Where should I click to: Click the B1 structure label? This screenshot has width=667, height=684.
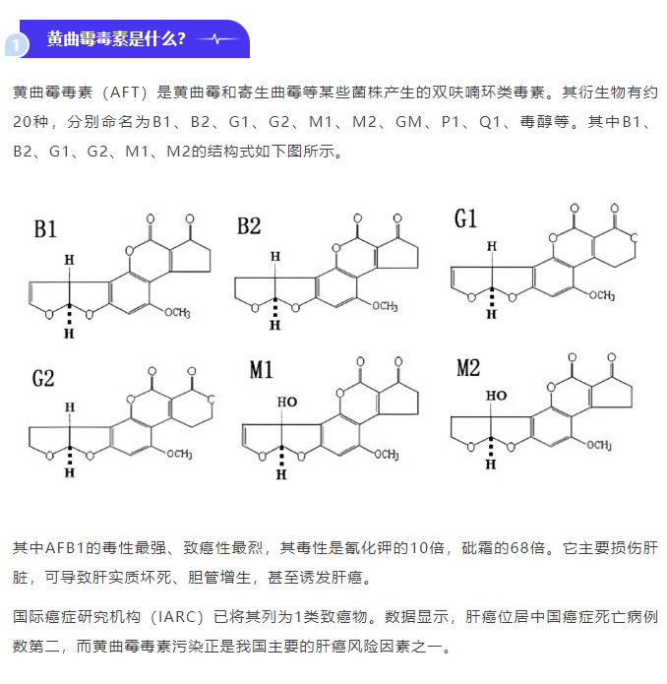click(x=45, y=229)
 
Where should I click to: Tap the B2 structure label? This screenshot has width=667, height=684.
click(x=249, y=226)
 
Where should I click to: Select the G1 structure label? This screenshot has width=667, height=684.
click(x=465, y=218)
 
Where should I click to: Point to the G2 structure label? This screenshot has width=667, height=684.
click(x=43, y=378)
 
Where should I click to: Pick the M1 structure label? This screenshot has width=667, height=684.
click(x=261, y=370)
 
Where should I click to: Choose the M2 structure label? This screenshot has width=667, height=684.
click(x=468, y=368)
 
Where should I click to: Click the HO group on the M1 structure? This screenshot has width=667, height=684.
click(x=287, y=402)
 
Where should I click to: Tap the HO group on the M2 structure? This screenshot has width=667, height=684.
click(x=496, y=396)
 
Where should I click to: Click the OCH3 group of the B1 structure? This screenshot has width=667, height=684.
click(x=177, y=312)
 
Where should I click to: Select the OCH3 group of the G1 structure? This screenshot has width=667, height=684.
click(x=602, y=295)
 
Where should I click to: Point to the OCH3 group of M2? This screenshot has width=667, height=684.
click(x=599, y=445)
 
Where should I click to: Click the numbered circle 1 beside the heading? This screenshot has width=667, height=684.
click(x=17, y=45)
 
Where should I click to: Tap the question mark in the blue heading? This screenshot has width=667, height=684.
click(x=181, y=38)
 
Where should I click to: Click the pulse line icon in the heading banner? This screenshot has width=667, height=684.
click(x=218, y=38)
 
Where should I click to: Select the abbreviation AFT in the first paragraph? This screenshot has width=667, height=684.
click(x=124, y=93)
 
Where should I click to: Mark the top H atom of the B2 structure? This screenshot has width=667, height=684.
click(x=275, y=257)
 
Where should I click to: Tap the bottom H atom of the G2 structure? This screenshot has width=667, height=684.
click(x=70, y=472)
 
